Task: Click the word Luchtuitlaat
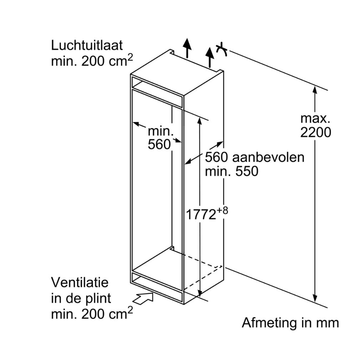87,45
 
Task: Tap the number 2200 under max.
315,132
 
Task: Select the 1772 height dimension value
201,215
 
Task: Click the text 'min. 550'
231,171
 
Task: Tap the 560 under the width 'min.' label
159,144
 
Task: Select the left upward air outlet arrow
186,47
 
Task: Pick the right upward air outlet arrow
210,57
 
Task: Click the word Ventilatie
80,282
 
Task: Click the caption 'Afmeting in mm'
290,323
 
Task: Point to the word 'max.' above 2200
315,118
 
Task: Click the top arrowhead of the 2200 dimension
315,89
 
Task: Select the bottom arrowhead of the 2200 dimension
315,298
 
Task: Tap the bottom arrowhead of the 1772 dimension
200,292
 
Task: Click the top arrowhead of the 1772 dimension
200,120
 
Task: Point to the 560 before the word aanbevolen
216,157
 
